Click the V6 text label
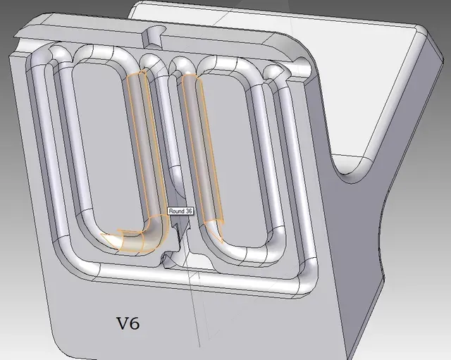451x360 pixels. [128, 323]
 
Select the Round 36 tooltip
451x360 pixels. [180, 211]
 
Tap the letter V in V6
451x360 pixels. [122, 323]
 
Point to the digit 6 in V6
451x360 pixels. [135, 323]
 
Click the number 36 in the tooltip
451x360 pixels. [188, 211]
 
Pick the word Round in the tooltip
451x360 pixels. [176, 211]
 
